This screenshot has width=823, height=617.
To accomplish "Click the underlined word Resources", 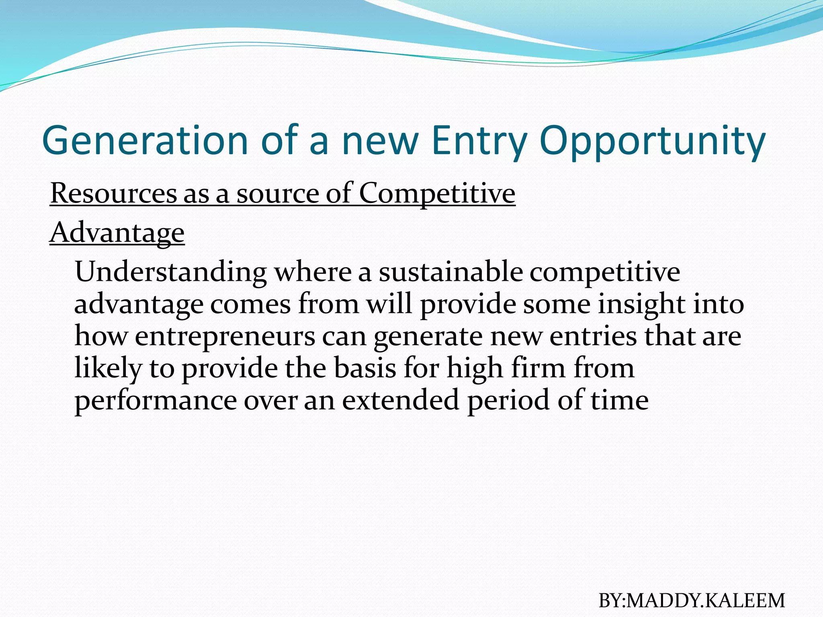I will point(113,193).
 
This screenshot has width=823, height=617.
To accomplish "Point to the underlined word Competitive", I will point(437,193).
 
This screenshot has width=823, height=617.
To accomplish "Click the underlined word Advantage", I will point(117,233).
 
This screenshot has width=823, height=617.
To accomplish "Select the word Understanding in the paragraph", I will point(170,272).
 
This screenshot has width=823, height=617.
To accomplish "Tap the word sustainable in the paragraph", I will point(451,272).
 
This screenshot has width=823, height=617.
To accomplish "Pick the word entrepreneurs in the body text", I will point(225,336).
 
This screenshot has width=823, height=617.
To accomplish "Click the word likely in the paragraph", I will point(108,368).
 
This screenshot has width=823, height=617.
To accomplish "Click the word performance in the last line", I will point(156,400).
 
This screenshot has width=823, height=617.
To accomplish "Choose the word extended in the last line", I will point(400,400).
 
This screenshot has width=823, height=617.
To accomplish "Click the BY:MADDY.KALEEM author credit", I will point(691,601).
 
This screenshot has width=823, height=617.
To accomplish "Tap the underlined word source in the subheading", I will point(277,193).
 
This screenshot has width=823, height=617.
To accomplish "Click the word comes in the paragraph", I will point(250,304).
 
